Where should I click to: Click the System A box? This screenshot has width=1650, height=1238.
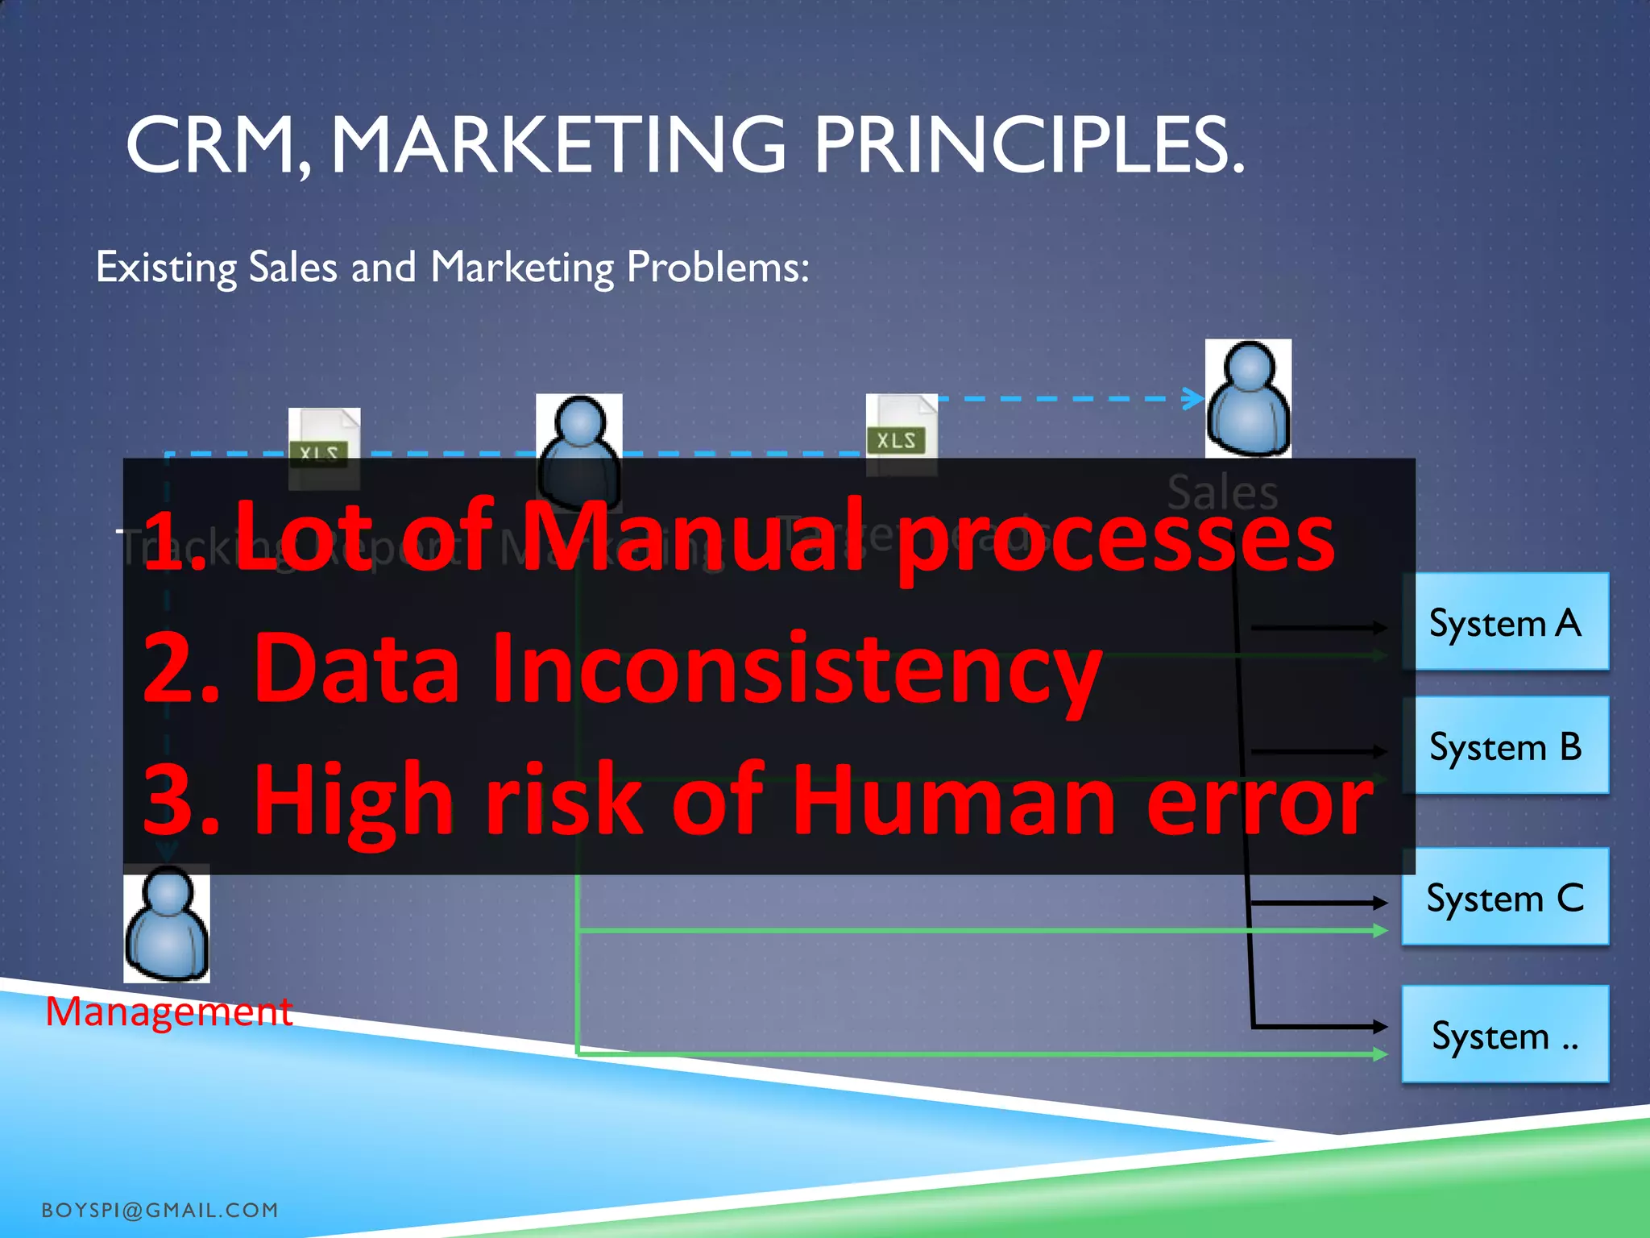(1505, 622)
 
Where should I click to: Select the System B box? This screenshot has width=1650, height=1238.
(1505, 746)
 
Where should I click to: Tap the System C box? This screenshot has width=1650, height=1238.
(1505, 897)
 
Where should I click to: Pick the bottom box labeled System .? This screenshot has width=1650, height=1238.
(1505, 1035)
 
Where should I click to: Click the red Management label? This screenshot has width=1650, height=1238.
(168, 1012)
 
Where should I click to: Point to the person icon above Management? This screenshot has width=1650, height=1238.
(167, 924)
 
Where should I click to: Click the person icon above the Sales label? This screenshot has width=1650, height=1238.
(1248, 398)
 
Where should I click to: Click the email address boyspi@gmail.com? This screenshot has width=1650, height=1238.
(160, 1210)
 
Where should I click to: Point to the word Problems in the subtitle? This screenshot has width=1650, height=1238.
(718, 267)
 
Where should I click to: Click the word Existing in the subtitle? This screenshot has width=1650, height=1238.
(166, 267)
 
